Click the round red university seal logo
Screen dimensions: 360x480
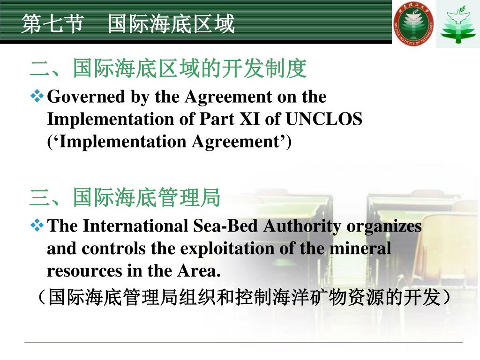[x=413, y=23]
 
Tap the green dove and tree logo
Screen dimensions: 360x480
[x=457, y=23]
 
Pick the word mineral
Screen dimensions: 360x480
[x=360, y=248]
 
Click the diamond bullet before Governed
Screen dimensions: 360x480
[x=37, y=97]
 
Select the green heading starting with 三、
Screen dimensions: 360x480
[x=125, y=198]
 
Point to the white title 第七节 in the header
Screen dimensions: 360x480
[x=52, y=23]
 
